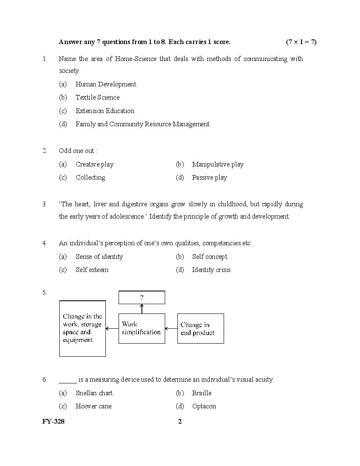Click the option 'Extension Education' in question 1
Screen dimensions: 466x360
[x=105, y=111]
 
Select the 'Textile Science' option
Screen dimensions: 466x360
[x=97, y=97]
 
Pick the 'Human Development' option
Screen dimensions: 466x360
[x=106, y=84]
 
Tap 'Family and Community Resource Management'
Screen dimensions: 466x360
[x=142, y=124]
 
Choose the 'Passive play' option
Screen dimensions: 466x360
[x=209, y=178]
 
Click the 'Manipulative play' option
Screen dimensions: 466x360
[x=218, y=164]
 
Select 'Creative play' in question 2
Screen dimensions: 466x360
[x=94, y=164]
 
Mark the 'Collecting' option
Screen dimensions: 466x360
[x=90, y=178]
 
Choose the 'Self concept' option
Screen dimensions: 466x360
[x=209, y=257]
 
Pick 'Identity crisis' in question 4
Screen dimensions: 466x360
[x=211, y=270]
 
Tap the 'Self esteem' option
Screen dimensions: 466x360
[x=92, y=270]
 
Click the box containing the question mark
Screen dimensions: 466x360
[x=141, y=297]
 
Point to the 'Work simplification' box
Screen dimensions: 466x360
[x=141, y=328]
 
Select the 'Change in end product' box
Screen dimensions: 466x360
[x=200, y=328]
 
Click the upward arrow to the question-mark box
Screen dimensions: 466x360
[x=142, y=309]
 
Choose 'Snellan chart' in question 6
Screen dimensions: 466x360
[x=94, y=393]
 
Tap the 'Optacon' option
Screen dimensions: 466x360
[x=204, y=406]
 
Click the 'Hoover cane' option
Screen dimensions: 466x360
[x=94, y=406]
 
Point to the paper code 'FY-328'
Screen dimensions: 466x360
[x=53, y=421]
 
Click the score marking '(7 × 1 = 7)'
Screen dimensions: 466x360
[x=301, y=42]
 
